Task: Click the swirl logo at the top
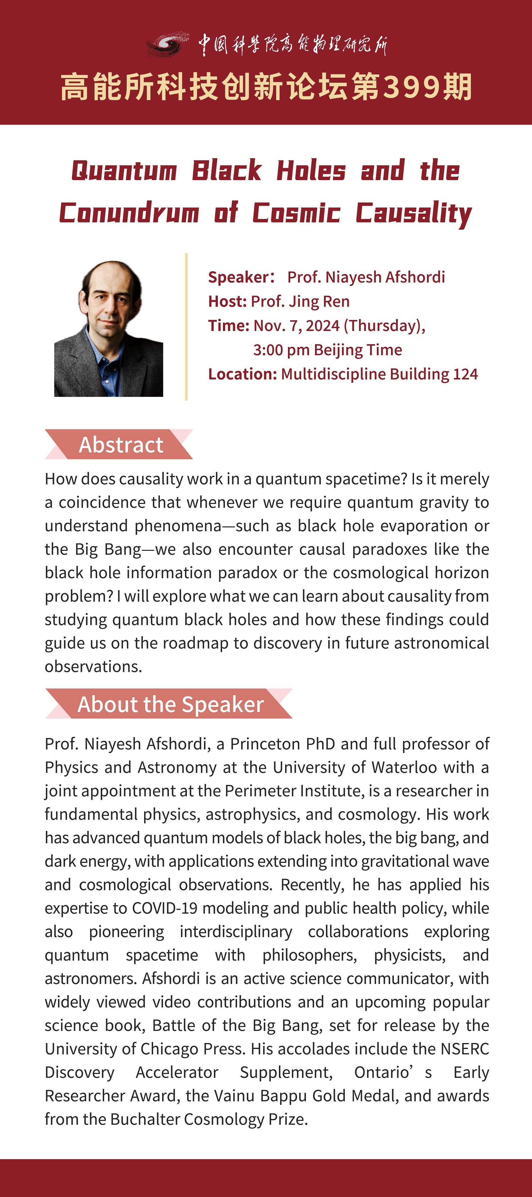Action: click(167, 44)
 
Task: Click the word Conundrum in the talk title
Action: click(129, 213)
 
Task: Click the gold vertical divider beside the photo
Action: click(186, 327)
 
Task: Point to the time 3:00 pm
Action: click(281, 350)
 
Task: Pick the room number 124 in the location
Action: click(465, 374)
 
